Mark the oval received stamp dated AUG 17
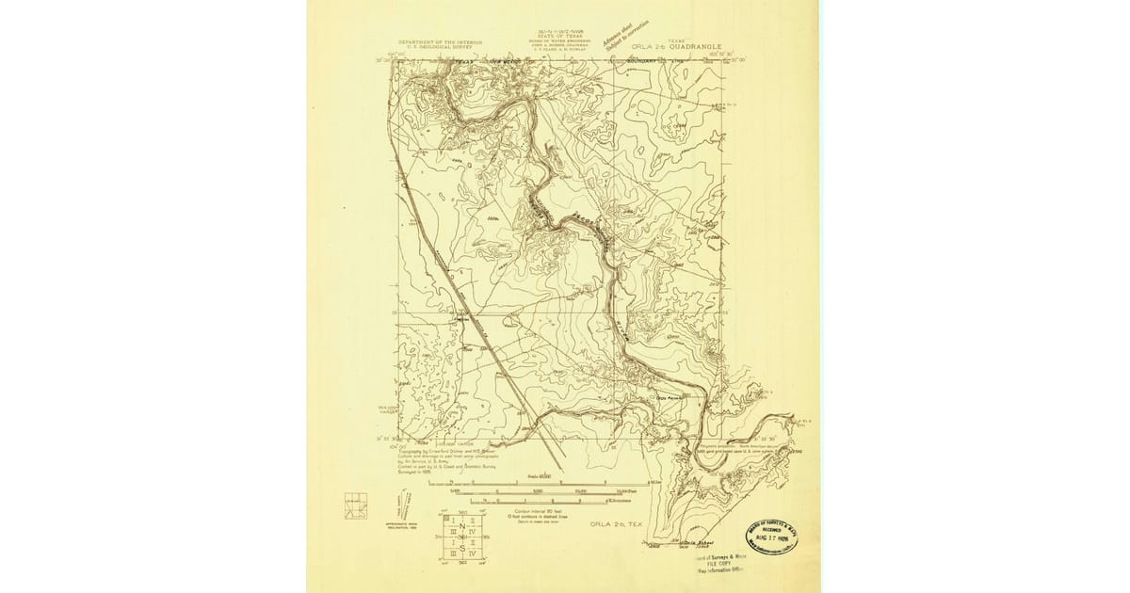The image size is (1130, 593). point(772,538)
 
